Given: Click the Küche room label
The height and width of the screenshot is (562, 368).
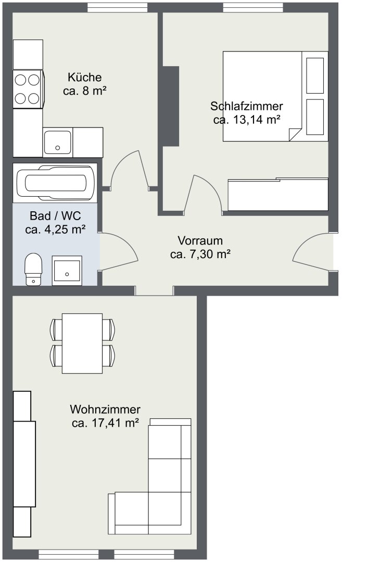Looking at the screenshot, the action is [85, 77].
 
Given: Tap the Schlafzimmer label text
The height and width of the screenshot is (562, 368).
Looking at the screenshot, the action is [246, 106].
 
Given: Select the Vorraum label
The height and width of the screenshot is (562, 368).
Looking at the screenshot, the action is [200, 240].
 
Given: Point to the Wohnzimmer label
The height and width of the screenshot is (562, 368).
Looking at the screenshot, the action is [105, 409].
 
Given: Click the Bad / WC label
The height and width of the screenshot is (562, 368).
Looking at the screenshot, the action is [55, 216].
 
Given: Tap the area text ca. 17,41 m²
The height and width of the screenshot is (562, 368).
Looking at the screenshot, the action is [106, 423].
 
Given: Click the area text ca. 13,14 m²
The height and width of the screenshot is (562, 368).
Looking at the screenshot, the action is [246, 120].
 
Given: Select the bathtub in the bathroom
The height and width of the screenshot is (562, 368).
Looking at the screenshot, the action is [55, 183].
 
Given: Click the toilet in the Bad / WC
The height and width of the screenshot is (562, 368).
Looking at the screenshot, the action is [33, 269].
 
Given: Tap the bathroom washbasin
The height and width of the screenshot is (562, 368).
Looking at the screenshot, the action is [67, 271].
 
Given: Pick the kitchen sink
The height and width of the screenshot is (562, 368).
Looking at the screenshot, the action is [57, 142].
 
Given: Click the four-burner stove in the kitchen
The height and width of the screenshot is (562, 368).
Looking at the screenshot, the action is [28, 89].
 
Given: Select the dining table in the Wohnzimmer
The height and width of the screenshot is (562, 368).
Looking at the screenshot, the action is [82, 343].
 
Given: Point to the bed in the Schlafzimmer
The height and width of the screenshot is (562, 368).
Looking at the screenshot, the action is [275, 96].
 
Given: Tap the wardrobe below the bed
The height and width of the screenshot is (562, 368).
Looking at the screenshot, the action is [278, 194].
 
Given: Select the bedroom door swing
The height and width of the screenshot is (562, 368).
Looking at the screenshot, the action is [203, 193].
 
